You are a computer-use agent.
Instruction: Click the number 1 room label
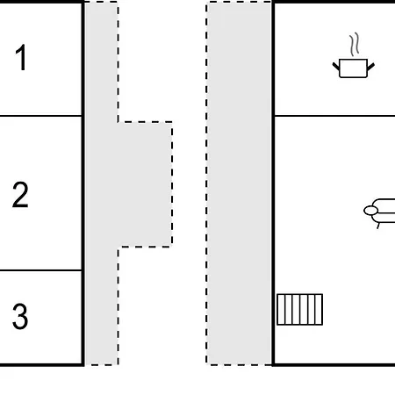[x=21, y=58]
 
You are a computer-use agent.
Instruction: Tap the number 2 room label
[x=20, y=195]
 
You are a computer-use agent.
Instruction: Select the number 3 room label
[x=20, y=316]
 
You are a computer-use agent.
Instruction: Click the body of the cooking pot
[x=353, y=68]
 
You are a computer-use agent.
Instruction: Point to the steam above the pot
[x=354, y=45]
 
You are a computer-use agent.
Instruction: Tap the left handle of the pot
[x=336, y=67]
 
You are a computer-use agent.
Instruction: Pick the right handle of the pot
[x=370, y=67]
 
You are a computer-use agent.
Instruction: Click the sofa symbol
[x=379, y=212]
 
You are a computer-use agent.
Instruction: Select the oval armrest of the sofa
[x=370, y=211]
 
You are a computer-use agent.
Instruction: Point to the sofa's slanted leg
[x=378, y=226]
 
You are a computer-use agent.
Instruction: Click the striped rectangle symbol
[x=299, y=310]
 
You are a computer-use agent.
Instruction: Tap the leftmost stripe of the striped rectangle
[x=281, y=310]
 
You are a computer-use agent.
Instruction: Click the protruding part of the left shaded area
[x=145, y=184]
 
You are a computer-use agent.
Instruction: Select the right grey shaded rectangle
[x=239, y=183]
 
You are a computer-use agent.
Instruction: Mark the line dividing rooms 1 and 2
[x=40, y=116]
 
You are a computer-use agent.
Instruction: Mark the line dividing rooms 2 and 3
[x=40, y=270]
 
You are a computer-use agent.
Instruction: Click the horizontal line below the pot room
[x=334, y=116]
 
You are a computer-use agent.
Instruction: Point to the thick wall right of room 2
[x=83, y=193]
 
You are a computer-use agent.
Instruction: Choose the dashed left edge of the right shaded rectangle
[x=206, y=183]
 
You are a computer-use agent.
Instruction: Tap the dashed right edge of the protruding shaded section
[x=172, y=184]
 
